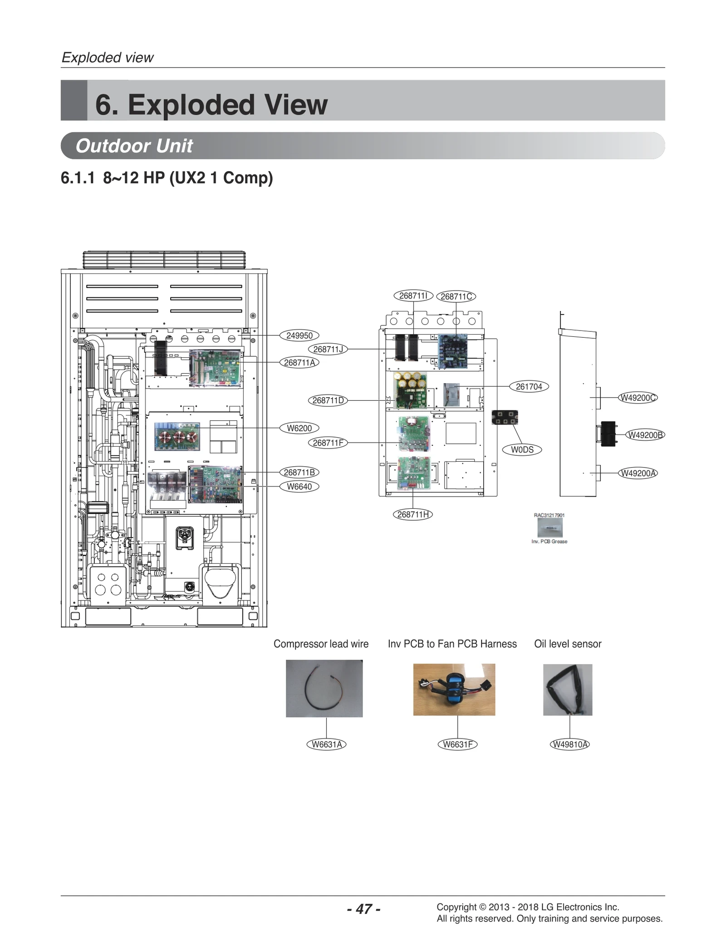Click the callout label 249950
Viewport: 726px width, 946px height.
click(299, 335)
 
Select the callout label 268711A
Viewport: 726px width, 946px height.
click(299, 362)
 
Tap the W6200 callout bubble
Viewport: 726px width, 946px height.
click(299, 428)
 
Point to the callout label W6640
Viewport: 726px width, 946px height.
click(299, 487)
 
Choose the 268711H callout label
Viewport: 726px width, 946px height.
click(412, 514)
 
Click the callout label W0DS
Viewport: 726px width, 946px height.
click(522, 450)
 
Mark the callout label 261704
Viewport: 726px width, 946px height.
click(529, 387)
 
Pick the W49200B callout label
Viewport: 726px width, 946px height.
click(645, 435)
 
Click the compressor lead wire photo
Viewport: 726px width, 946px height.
click(324, 688)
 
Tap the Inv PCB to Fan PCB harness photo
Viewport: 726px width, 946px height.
click(454, 690)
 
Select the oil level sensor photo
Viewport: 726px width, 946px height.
click(567, 690)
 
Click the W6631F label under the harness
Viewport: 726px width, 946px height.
click(457, 744)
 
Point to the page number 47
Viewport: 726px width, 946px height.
click(363, 909)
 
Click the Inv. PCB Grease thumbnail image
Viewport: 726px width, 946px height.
click(549, 527)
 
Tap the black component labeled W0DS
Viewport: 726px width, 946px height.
click(505, 417)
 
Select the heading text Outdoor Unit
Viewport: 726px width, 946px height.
click(134, 146)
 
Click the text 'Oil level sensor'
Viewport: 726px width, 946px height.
click(567, 644)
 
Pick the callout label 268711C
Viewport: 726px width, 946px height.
click(456, 296)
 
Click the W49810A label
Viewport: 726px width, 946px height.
click(569, 744)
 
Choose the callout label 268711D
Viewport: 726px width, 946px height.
click(328, 400)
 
